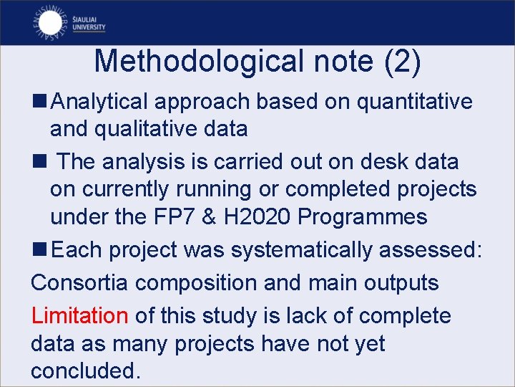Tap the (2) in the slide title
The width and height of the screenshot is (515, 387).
pyautogui.click(x=402, y=61)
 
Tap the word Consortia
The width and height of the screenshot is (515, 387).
pyautogui.click(x=79, y=282)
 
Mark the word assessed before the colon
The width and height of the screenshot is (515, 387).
pyautogui.click(x=434, y=250)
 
